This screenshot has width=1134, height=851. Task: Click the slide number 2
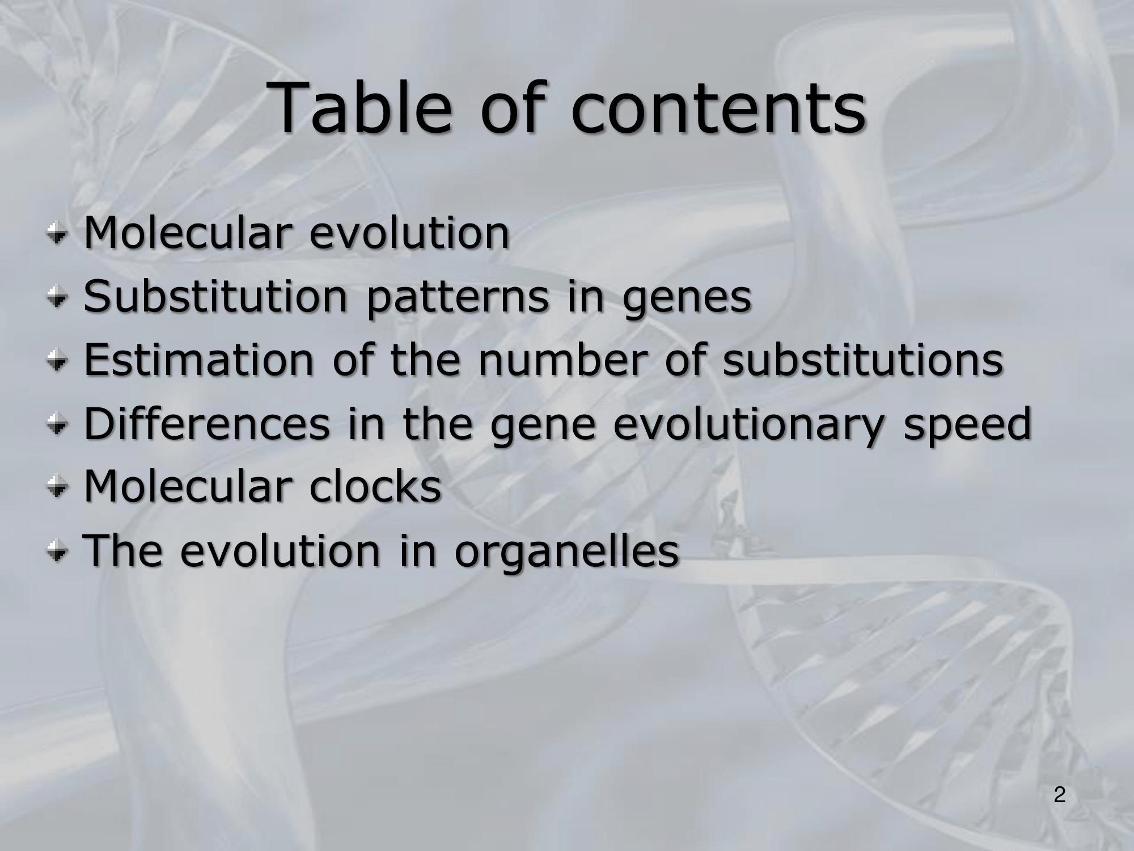coord(1059,795)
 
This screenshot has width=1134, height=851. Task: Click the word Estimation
coord(198,360)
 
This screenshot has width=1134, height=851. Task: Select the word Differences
coord(207,423)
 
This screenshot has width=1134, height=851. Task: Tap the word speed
coord(967,426)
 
